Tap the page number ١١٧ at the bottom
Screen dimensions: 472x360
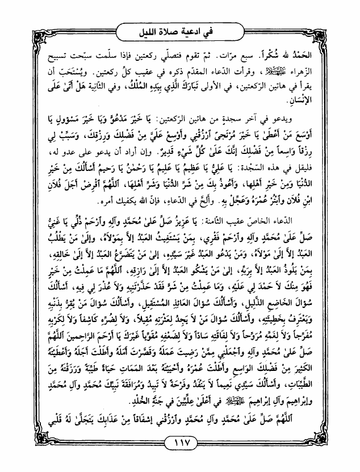[x=179, y=442]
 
